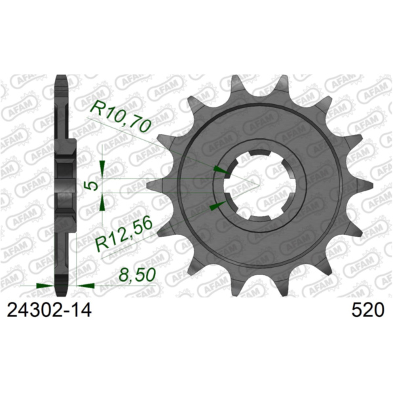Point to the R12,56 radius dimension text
pyautogui.click(x=125, y=233)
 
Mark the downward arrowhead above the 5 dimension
pyautogui.click(x=102, y=169)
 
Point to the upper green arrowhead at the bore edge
pyautogui.click(x=222, y=171)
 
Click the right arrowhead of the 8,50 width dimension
pyautogui.click(x=86, y=286)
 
